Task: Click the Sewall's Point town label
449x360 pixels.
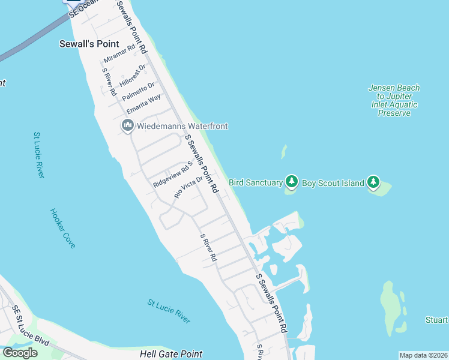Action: pyautogui.click(x=89, y=44)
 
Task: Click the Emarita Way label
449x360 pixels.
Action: pyautogui.click(x=143, y=104)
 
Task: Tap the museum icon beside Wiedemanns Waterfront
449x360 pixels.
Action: pyautogui.click(x=127, y=126)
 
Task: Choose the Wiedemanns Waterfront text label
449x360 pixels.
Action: pyautogui.click(x=182, y=126)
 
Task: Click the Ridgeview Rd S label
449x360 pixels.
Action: pyautogui.click(x=173, y=175)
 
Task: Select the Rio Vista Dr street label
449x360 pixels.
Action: pyautogui.click(x=188, y=187)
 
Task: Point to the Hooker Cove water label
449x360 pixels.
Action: pyautogui.click(x=62, y=228)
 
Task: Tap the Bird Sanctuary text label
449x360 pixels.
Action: pyautogui.click(x=255, y=182)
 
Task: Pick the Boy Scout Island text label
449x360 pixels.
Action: pyautogui.click(x=332, y=182)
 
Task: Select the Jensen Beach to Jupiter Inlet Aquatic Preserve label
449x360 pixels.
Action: pyautogui.click(x=394, y=100)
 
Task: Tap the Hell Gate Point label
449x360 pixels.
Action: pyautogui.click(x=171, y=354)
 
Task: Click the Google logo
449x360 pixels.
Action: pyautogui.click(x=19, y=353)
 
